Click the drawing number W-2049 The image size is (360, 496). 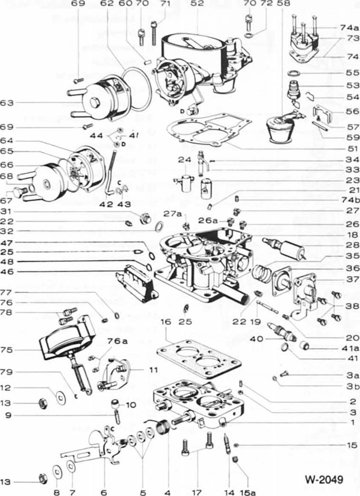click(324, 479)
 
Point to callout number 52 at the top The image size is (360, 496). click(198, 4)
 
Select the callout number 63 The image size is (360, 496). click(8, 103)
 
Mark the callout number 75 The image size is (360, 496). click(8, 350)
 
